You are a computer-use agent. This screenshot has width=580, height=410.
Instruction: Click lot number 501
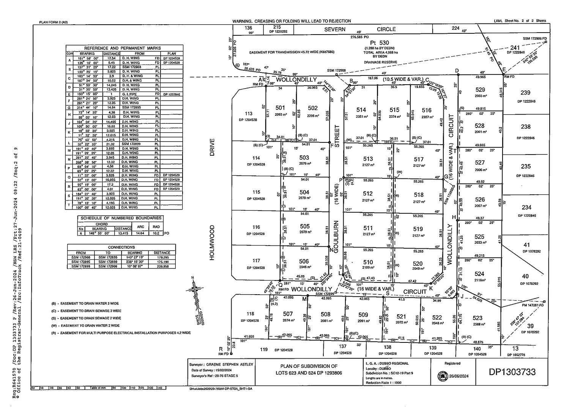[x=280, y=108]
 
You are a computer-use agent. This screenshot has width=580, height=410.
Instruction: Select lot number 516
[x=427, y=110]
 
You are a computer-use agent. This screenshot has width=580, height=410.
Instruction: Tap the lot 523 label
[x=478, y=318]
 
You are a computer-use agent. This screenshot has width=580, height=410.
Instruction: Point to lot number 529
[x=480, y=90]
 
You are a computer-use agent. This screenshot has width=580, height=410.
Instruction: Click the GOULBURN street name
[x=336, y=235]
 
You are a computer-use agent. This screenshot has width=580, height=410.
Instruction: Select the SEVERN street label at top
[x=334, y=29]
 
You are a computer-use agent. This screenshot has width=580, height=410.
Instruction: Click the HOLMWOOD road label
[x=212, y=242]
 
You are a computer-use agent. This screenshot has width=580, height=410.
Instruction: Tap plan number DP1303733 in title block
[x=512, y=372]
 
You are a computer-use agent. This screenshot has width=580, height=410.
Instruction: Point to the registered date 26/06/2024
[x=459, y=376]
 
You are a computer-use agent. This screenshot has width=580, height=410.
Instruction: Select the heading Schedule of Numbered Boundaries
[x=121, y=218]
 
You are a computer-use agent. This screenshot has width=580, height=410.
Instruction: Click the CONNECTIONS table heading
[x=121, y=247]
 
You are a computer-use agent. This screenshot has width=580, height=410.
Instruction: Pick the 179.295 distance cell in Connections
[x=162, y=257]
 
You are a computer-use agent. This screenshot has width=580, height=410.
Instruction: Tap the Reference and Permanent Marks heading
[x=122, y=48]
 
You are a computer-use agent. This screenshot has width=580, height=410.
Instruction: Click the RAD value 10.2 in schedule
[x=156, y=233]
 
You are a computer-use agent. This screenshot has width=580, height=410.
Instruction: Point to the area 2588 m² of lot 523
[x=477, y=325]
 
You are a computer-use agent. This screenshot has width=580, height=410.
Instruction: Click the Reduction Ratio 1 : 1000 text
[x=383, y=383]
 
